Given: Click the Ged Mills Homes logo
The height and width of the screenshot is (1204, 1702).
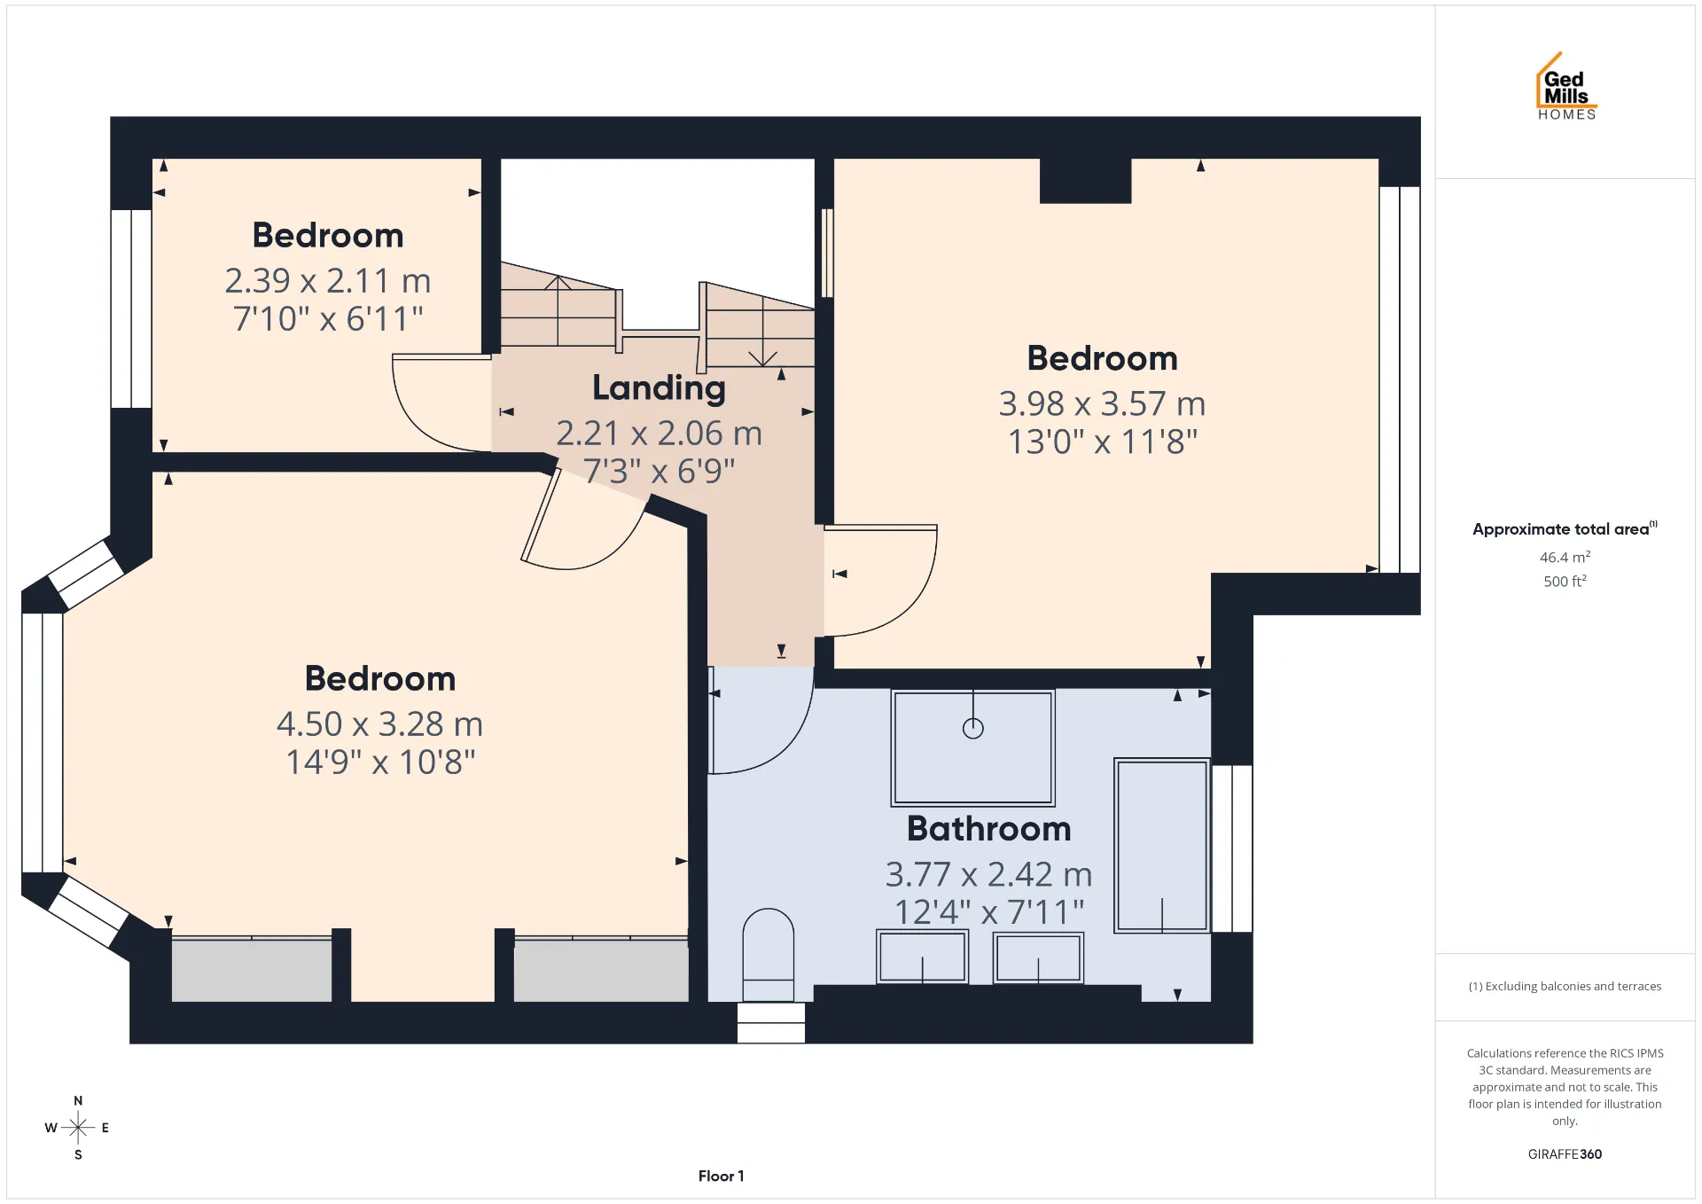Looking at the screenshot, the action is (1566, 86).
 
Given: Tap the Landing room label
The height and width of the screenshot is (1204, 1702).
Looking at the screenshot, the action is (659, 388).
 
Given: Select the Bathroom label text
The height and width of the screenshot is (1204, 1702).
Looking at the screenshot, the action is (989, 828).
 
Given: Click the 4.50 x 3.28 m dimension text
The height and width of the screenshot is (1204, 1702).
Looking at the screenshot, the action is (379, 723).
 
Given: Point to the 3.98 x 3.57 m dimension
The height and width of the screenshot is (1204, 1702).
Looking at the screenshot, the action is (1102, 403).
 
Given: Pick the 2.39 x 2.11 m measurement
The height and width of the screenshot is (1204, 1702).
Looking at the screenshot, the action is (327, 280).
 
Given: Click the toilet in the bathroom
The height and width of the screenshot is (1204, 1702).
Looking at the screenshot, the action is (768, 955).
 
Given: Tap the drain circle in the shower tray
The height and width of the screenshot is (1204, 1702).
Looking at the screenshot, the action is (973, 729).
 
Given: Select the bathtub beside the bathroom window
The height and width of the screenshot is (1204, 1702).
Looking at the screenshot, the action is (1162, 845).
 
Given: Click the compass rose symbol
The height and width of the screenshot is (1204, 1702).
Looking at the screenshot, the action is (78, 1128).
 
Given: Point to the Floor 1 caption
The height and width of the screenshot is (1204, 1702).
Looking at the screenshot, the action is (721, 1176).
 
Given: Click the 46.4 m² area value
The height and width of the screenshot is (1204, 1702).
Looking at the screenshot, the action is (1565, 557).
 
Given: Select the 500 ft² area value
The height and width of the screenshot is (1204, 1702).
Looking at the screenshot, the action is (1565, 581).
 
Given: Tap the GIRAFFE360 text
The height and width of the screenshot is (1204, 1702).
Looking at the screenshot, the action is (1565, 1153).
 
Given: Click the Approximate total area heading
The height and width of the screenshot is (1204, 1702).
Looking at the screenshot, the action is (1565, 528).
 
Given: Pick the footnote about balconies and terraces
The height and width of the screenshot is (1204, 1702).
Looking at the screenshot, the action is (1565, 986).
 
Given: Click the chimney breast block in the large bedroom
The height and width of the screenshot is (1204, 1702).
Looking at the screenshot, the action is (1085, 181).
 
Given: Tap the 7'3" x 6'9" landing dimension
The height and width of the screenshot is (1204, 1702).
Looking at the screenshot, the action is (659, 471).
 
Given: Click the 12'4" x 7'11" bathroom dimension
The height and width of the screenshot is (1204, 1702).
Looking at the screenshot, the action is (989, 911).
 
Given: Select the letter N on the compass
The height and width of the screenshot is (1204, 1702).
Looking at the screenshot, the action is (78, 1100).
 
